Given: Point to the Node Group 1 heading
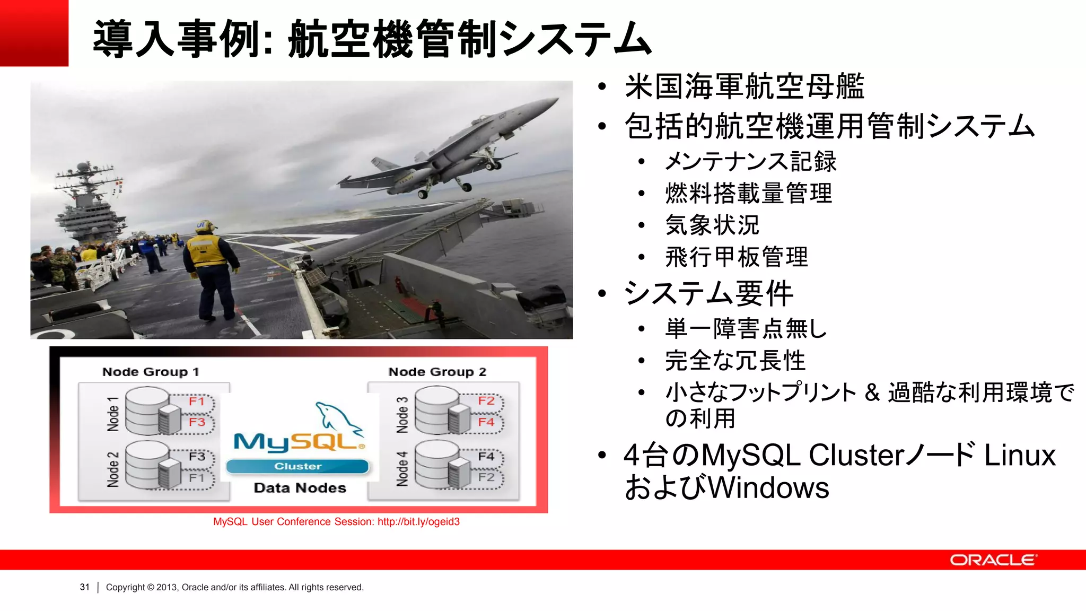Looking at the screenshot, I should coord(151,372).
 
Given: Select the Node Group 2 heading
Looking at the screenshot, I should coord(437,372).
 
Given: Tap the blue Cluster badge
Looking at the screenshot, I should coord(297,466).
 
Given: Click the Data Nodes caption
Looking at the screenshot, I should coord(300,488).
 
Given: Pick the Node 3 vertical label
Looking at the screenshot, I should coord(402,414).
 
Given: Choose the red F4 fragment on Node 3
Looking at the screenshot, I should coord(486,422).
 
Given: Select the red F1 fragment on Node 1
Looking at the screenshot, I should coord(197,401).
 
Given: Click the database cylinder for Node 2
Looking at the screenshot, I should coord(146,464).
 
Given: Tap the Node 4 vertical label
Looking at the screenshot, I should coord(402,469).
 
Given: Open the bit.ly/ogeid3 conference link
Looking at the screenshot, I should coord(418,522).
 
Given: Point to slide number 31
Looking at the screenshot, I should coord(85,587).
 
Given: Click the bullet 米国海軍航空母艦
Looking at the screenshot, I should coord(744,87).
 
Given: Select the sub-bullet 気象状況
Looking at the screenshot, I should coord(712,225).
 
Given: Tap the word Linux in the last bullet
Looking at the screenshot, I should coord(1019,456).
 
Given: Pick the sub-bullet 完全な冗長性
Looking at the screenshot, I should coord(735,361).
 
